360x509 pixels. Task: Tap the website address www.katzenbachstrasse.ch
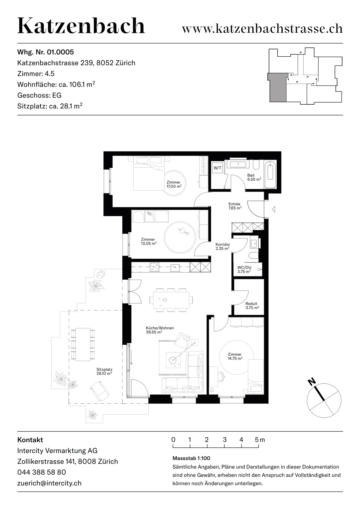pos(262,29)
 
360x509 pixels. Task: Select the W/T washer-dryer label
pos(217,168)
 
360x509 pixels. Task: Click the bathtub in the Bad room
pos(271,174)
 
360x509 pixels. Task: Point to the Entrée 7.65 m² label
pos(235,206)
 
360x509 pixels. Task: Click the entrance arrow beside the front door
pos(274,209)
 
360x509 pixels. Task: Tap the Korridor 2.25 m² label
pos(222,246)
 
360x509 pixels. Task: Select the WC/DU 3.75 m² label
pos(244,269)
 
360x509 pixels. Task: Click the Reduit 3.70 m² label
pos(252,306)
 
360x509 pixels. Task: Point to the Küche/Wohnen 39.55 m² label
pos(160,330)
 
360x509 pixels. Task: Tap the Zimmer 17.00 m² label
pos(174,184)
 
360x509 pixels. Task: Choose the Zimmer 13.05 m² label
pos(149,241)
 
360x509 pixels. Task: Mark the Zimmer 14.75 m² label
pos(235,356)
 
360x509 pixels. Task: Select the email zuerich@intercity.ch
pos(49,483)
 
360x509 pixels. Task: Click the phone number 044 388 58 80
pos(42,472)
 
